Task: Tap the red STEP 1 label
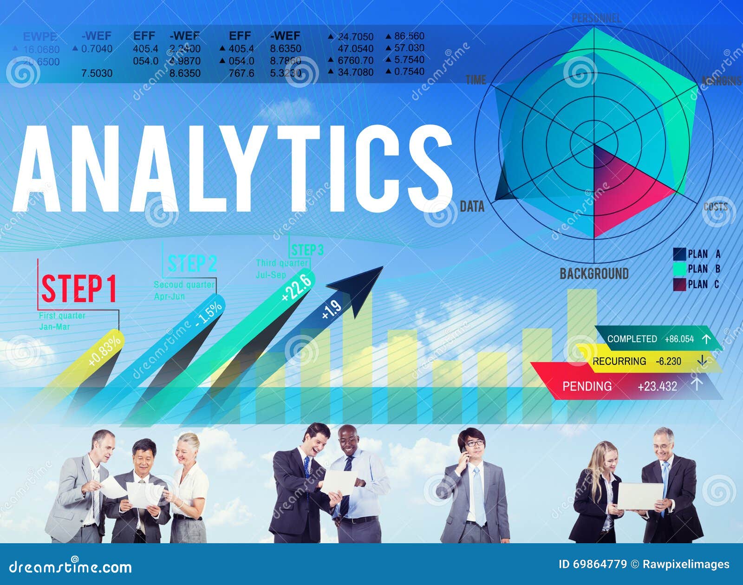point(79,289)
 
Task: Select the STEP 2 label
point(192,264)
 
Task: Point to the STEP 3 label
point(307,250)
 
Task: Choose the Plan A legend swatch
point(679,254)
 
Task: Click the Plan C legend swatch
point(679,284)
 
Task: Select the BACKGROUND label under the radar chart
point(594,273)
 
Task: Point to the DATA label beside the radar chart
point(472,207)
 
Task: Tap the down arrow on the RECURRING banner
point(702,360)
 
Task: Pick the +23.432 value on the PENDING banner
point(657,386)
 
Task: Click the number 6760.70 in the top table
point(355,60)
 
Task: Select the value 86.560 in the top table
point(409,36)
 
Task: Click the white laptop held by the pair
point(640,496)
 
